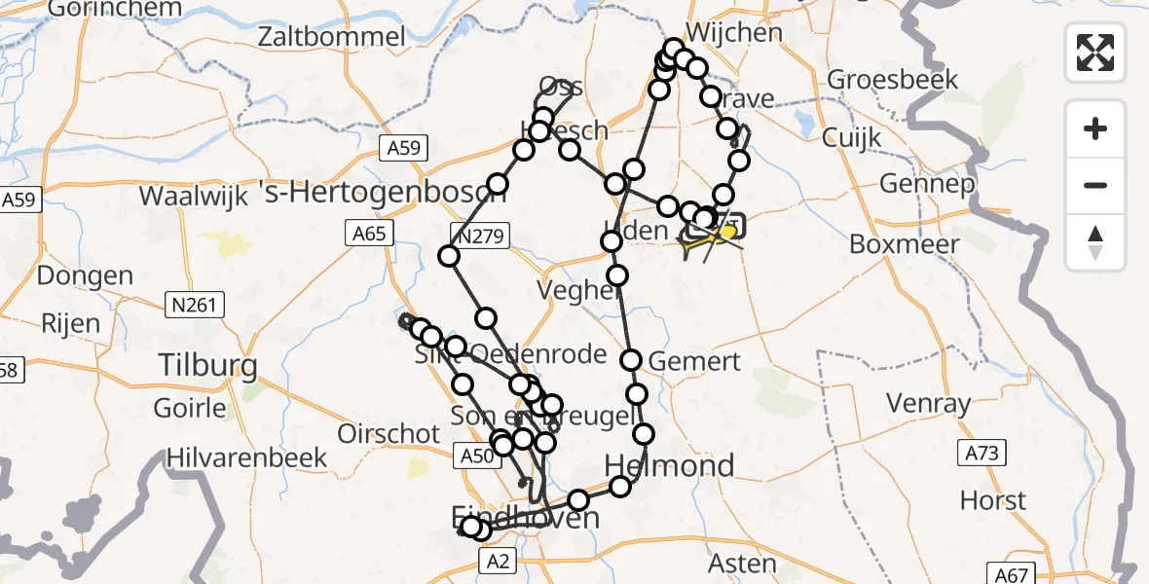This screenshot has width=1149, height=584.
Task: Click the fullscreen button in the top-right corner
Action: click(1095, 52)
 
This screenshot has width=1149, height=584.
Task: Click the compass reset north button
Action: click(1095, 242)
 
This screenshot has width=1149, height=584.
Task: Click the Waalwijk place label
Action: click(196, 195)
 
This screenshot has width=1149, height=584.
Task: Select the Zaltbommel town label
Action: click(332, 37)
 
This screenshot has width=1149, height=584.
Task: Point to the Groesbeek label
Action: click(893, 80)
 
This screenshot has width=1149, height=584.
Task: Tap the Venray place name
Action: click(929, 403)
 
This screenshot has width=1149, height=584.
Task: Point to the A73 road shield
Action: click(982, 453)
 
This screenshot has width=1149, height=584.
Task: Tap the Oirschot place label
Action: click(389, 433)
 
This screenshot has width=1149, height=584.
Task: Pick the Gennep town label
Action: click(926, 183)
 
